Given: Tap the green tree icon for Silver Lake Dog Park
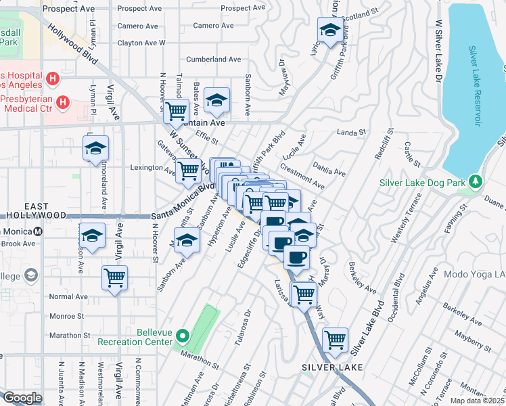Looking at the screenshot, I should pyautogui.click(x=476, y=181).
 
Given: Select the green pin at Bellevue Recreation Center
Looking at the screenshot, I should pyautogui.click(x=182, y=335).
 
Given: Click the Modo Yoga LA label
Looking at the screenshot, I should pyautogui.click(x=475, y=275).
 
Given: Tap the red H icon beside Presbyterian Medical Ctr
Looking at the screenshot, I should pyautogui.click(x=63, y=103).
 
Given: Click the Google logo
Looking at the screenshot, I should pyautogui.click(x=22, y=398).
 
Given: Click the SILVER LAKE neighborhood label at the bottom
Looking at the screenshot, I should pyautogui.click(x=332, y=367).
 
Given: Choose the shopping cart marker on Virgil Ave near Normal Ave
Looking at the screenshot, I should pyautogui.click(x=114, y=277).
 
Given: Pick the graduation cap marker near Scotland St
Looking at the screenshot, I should pyautogui.click(x=329, y=30).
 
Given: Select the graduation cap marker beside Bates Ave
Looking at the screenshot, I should pyautogui.click(x=216, y=100).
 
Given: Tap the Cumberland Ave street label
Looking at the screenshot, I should pyautogui.click(x=214, y=60).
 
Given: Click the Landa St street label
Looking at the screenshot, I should pyautogui.click(x=351, y=133).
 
